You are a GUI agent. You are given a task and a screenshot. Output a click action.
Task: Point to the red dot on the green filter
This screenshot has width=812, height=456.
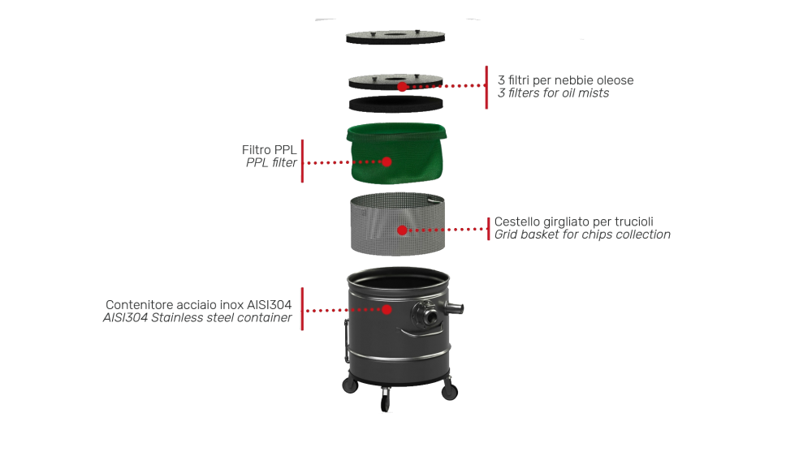click(387, 161)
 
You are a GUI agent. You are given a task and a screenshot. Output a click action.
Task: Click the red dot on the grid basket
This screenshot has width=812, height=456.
click(401, 230)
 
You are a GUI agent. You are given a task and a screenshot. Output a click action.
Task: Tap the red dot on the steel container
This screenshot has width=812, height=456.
click(387, 309)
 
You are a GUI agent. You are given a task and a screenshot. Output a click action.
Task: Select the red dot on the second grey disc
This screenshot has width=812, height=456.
click(402, 85)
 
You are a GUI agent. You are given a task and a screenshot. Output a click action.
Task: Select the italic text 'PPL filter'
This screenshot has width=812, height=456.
click(270, 163)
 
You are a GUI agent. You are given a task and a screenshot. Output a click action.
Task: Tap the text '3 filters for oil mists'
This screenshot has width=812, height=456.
click(553, 93)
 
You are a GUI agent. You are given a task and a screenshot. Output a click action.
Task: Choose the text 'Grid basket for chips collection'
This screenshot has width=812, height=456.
click(582, 235)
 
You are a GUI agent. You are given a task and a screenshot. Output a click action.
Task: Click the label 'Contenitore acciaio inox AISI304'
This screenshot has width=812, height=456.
click(198, 304)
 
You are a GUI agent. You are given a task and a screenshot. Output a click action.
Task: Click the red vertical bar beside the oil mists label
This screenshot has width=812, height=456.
click(486, 87)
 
